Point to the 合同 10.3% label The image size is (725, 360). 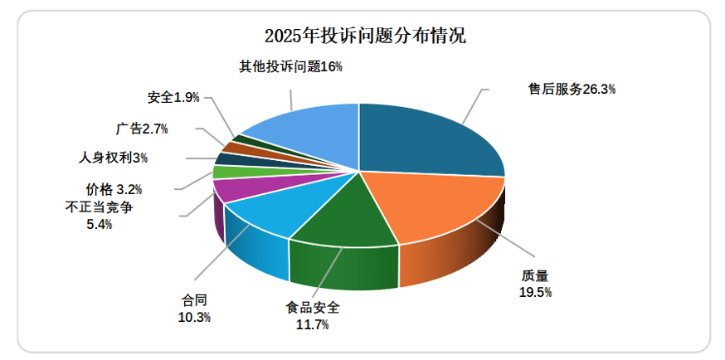coord(195,308)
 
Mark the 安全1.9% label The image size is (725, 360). coord(173,97)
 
